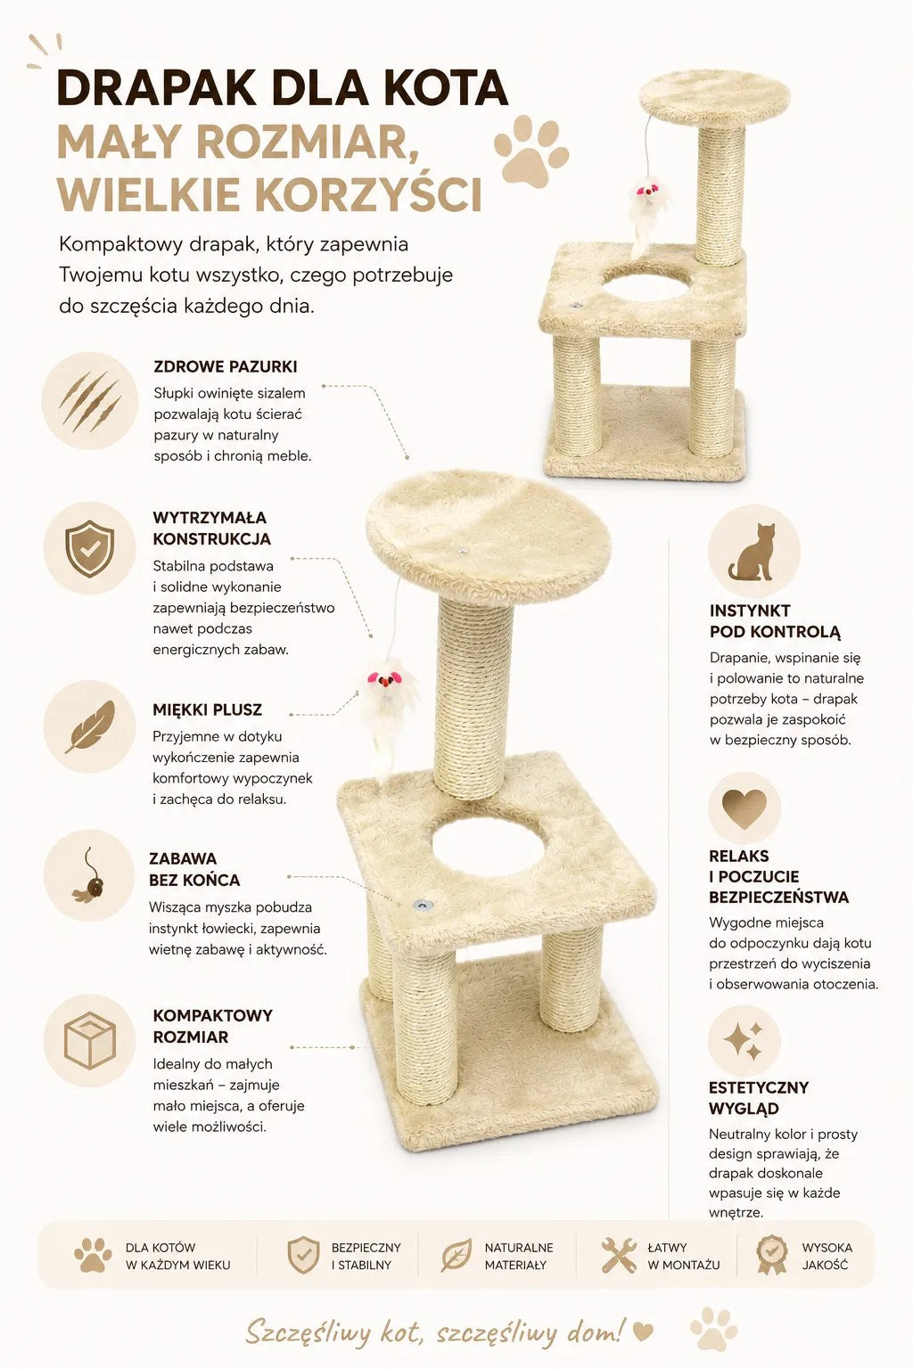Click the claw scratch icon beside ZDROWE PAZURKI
click(x=90, y=401)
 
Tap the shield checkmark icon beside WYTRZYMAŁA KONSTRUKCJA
click(x=89, y=548)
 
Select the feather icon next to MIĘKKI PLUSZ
click(x=90, y=726)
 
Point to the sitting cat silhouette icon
click(x=752, y=552)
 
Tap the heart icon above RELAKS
click(x=744, y=809)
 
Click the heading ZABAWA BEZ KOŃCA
click(x=194, y=869)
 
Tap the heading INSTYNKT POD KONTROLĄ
click(x=775, y=621)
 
